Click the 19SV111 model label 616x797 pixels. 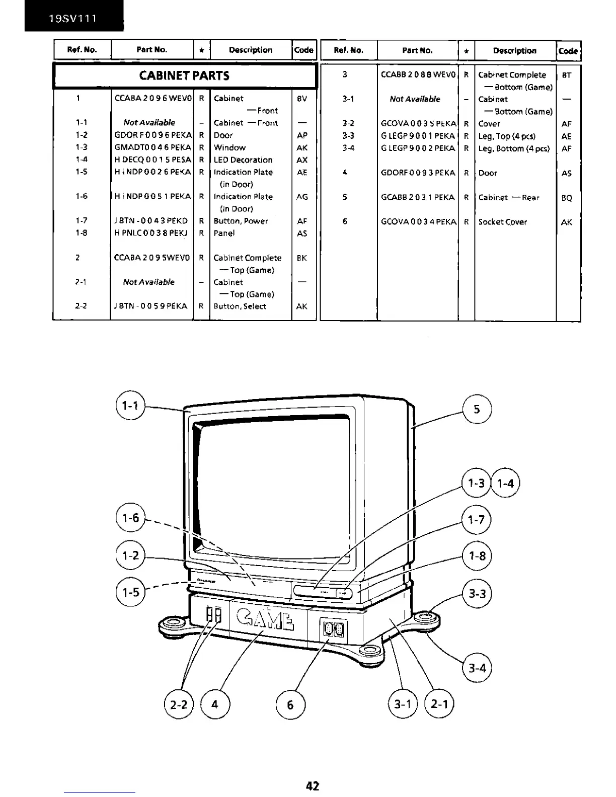point(73,19)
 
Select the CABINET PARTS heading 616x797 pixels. point(184,75)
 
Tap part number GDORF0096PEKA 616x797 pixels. point(153,135)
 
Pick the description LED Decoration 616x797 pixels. point(243,160)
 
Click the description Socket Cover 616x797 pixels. point(503,222)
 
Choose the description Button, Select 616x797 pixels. point(240,306)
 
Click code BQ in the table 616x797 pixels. point(567,198)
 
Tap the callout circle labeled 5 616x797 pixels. point(477,409)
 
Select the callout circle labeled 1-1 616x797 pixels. point(130,405)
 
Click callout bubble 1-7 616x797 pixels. point(476,520)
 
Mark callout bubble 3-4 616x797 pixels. point(477,668)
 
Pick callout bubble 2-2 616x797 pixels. point(179,704)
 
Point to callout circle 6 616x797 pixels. point(290,704)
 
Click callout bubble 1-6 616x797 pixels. point(130,518)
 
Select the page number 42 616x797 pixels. point(313,785)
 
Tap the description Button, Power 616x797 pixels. point(241,221)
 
